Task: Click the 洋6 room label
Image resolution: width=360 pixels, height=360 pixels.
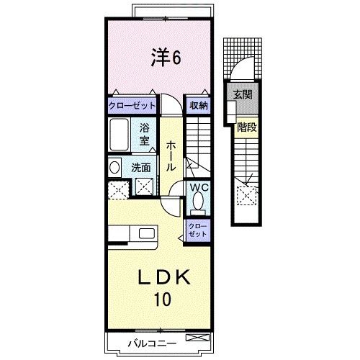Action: tap(165, 58)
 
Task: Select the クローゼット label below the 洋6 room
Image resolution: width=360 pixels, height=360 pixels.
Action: tap(132, 105)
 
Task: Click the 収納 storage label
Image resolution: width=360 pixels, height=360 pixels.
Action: tap(199, 105)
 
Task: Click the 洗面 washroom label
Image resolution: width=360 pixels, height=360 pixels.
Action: tap(141, 167)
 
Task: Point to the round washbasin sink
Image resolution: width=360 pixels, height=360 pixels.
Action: tap(114, 167)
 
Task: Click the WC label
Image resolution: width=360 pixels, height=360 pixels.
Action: tap(199, 188)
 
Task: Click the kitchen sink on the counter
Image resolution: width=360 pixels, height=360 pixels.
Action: tap(147, 233)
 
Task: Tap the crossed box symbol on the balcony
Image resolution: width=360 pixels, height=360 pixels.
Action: tap(194, 337)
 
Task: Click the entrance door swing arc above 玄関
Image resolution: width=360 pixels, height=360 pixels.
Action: tap(242, 73)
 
